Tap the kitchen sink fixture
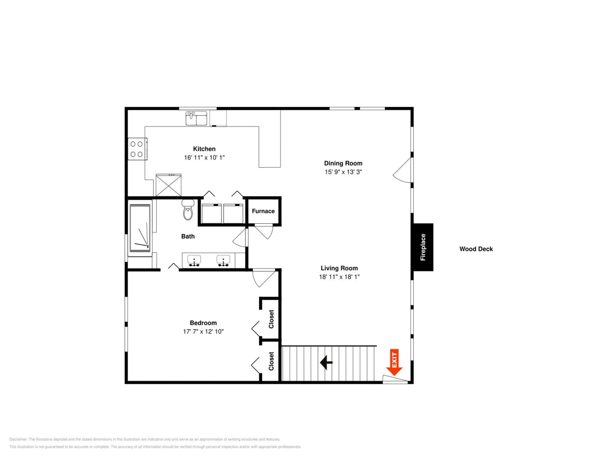[196, 118]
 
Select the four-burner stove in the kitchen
[137, 149]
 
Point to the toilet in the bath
[188, 210]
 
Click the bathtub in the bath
[140, 228]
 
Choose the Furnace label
[263, 211]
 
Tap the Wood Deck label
[476, 249]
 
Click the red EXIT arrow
[394, 362]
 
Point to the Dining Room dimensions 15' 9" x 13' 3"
[343, 172]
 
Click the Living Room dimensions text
[339, 277]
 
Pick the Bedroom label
[203, 323]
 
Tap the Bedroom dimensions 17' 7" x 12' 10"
[203, 332]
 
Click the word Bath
[188, 236]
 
